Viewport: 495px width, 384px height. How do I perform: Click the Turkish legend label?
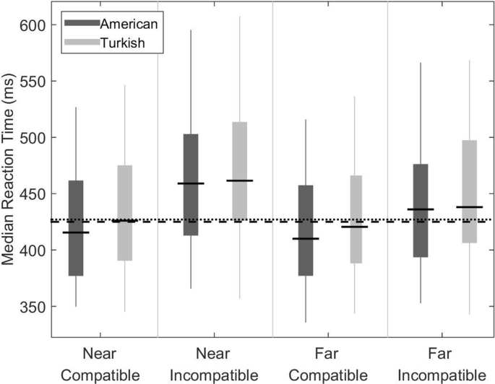(122, 43)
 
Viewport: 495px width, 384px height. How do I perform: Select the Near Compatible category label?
(100, 365)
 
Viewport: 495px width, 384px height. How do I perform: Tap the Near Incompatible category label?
(215, 365)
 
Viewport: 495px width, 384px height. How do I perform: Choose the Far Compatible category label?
(330, 365)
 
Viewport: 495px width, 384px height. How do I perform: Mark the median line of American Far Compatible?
(306, 238)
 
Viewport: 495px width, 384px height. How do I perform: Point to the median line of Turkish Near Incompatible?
(239, 180)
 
